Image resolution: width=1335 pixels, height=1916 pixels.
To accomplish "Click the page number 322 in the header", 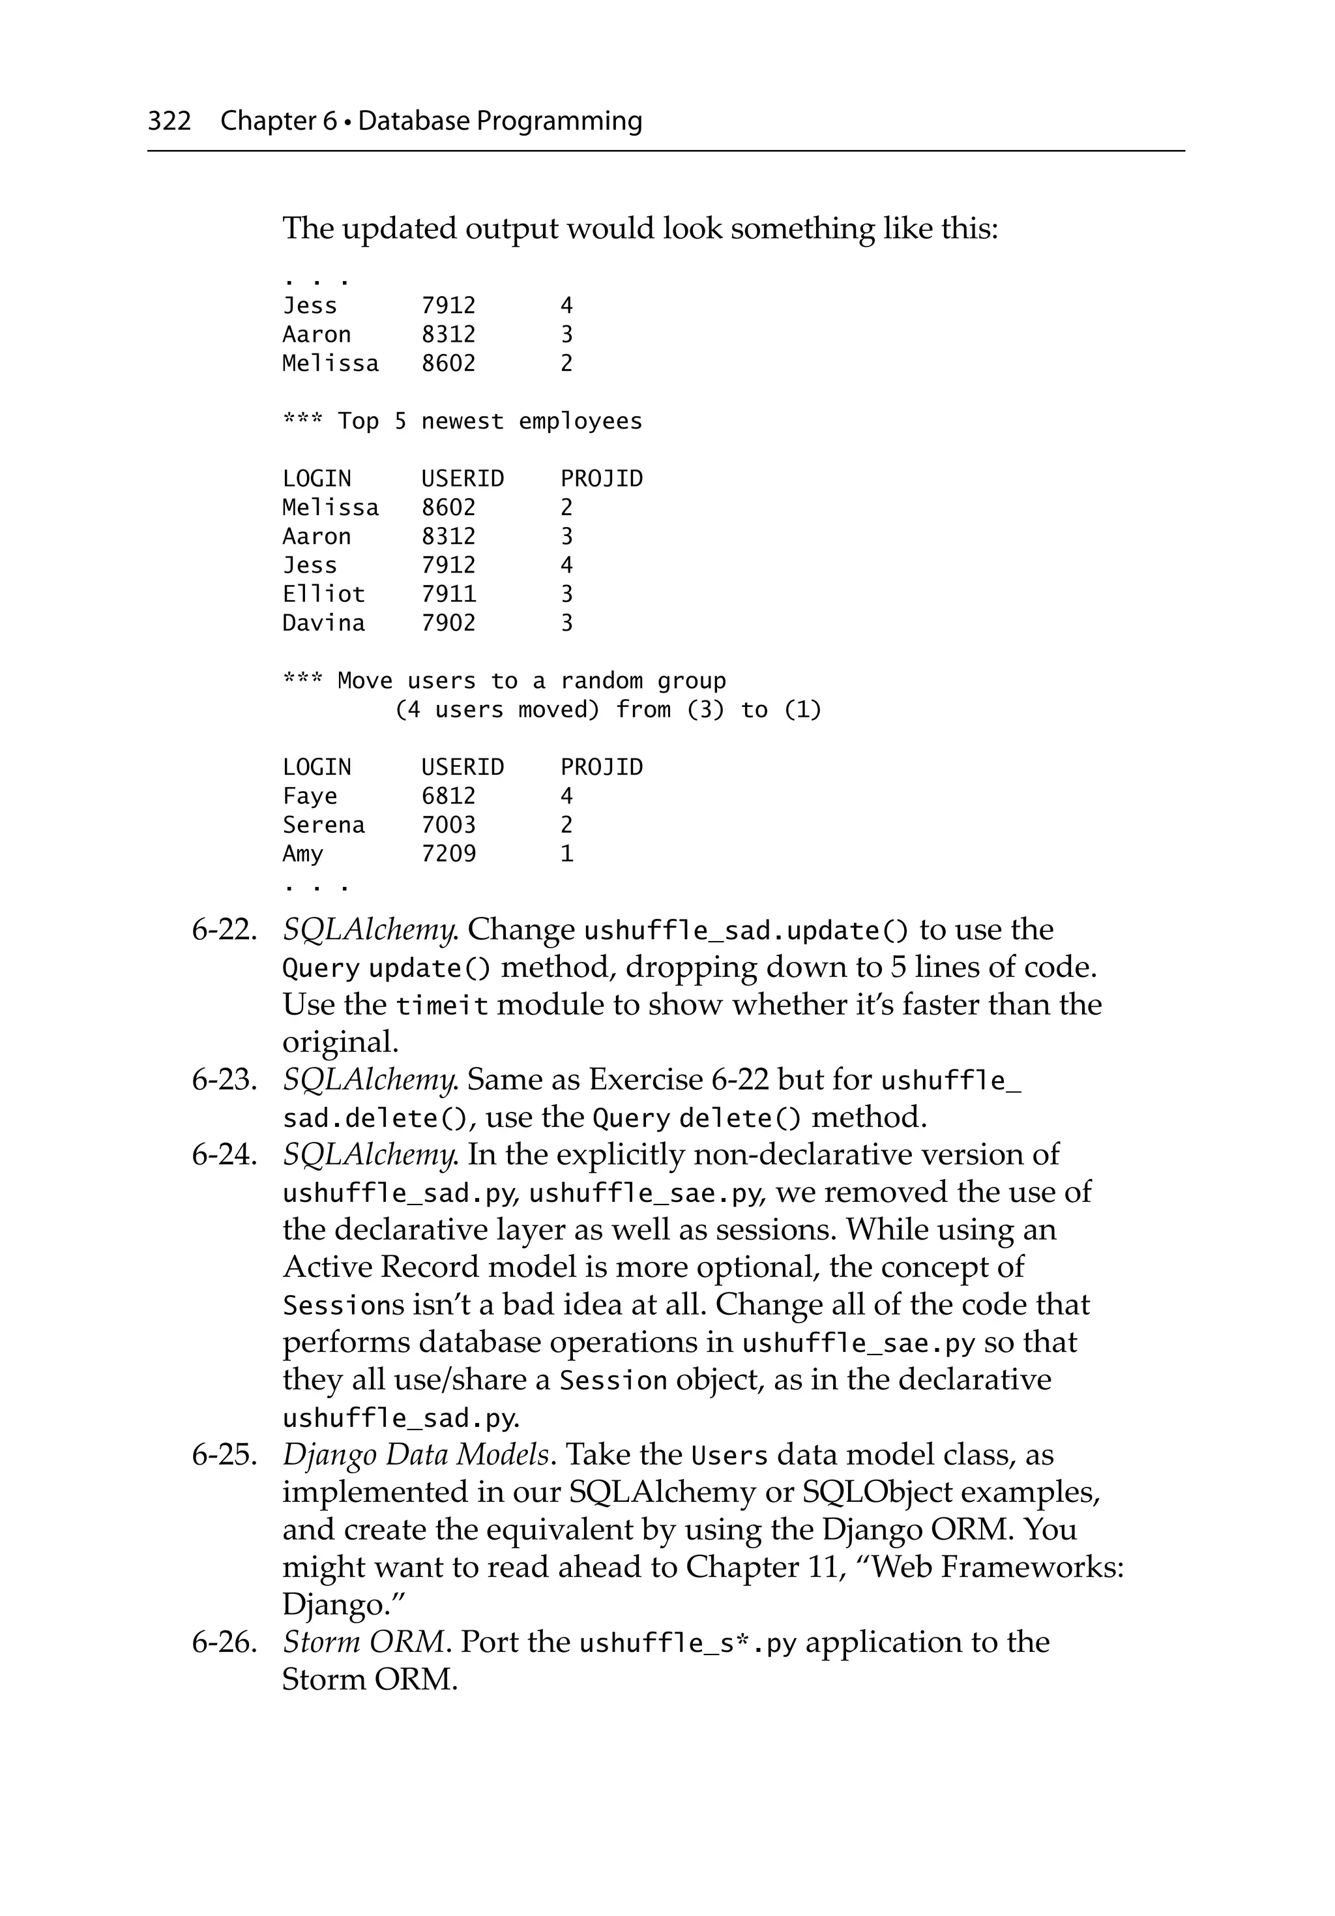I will click(x=169, y=121).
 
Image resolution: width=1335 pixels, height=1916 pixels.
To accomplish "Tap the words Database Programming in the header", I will click(x=500, y=121).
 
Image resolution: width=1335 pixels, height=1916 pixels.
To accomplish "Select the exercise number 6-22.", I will click(x=224, y=929).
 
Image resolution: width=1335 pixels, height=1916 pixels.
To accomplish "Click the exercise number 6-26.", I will click(x=224, y=1642).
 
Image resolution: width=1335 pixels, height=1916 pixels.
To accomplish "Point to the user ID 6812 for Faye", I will click(x=448, y=796).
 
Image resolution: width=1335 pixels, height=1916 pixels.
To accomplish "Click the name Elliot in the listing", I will click(x=324, y=594).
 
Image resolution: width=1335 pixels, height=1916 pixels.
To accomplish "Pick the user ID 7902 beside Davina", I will click(x=448, y=623).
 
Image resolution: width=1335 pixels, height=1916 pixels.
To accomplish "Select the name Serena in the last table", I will click(x=324, y=826).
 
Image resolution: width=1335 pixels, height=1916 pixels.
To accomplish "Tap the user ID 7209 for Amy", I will click(x=448, y=854).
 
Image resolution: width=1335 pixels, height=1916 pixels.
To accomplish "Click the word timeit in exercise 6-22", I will click(x=441, y=1006).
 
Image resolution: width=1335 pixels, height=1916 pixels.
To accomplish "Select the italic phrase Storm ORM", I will click(x=363, y=1642).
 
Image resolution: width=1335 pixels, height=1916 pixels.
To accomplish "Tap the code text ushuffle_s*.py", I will click(x=688, y=1644).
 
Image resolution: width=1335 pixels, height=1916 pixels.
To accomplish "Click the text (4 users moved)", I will click(x=497, y=710).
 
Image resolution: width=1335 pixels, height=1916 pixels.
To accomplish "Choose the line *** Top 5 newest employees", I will click(x=462, y=421).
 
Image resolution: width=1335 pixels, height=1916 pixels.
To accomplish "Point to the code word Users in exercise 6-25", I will click(x=729, y=1456).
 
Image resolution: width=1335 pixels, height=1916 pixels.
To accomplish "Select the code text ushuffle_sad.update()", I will click(x=746, y=931).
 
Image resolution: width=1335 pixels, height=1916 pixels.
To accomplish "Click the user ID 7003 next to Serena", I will click(x=448, y=826).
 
